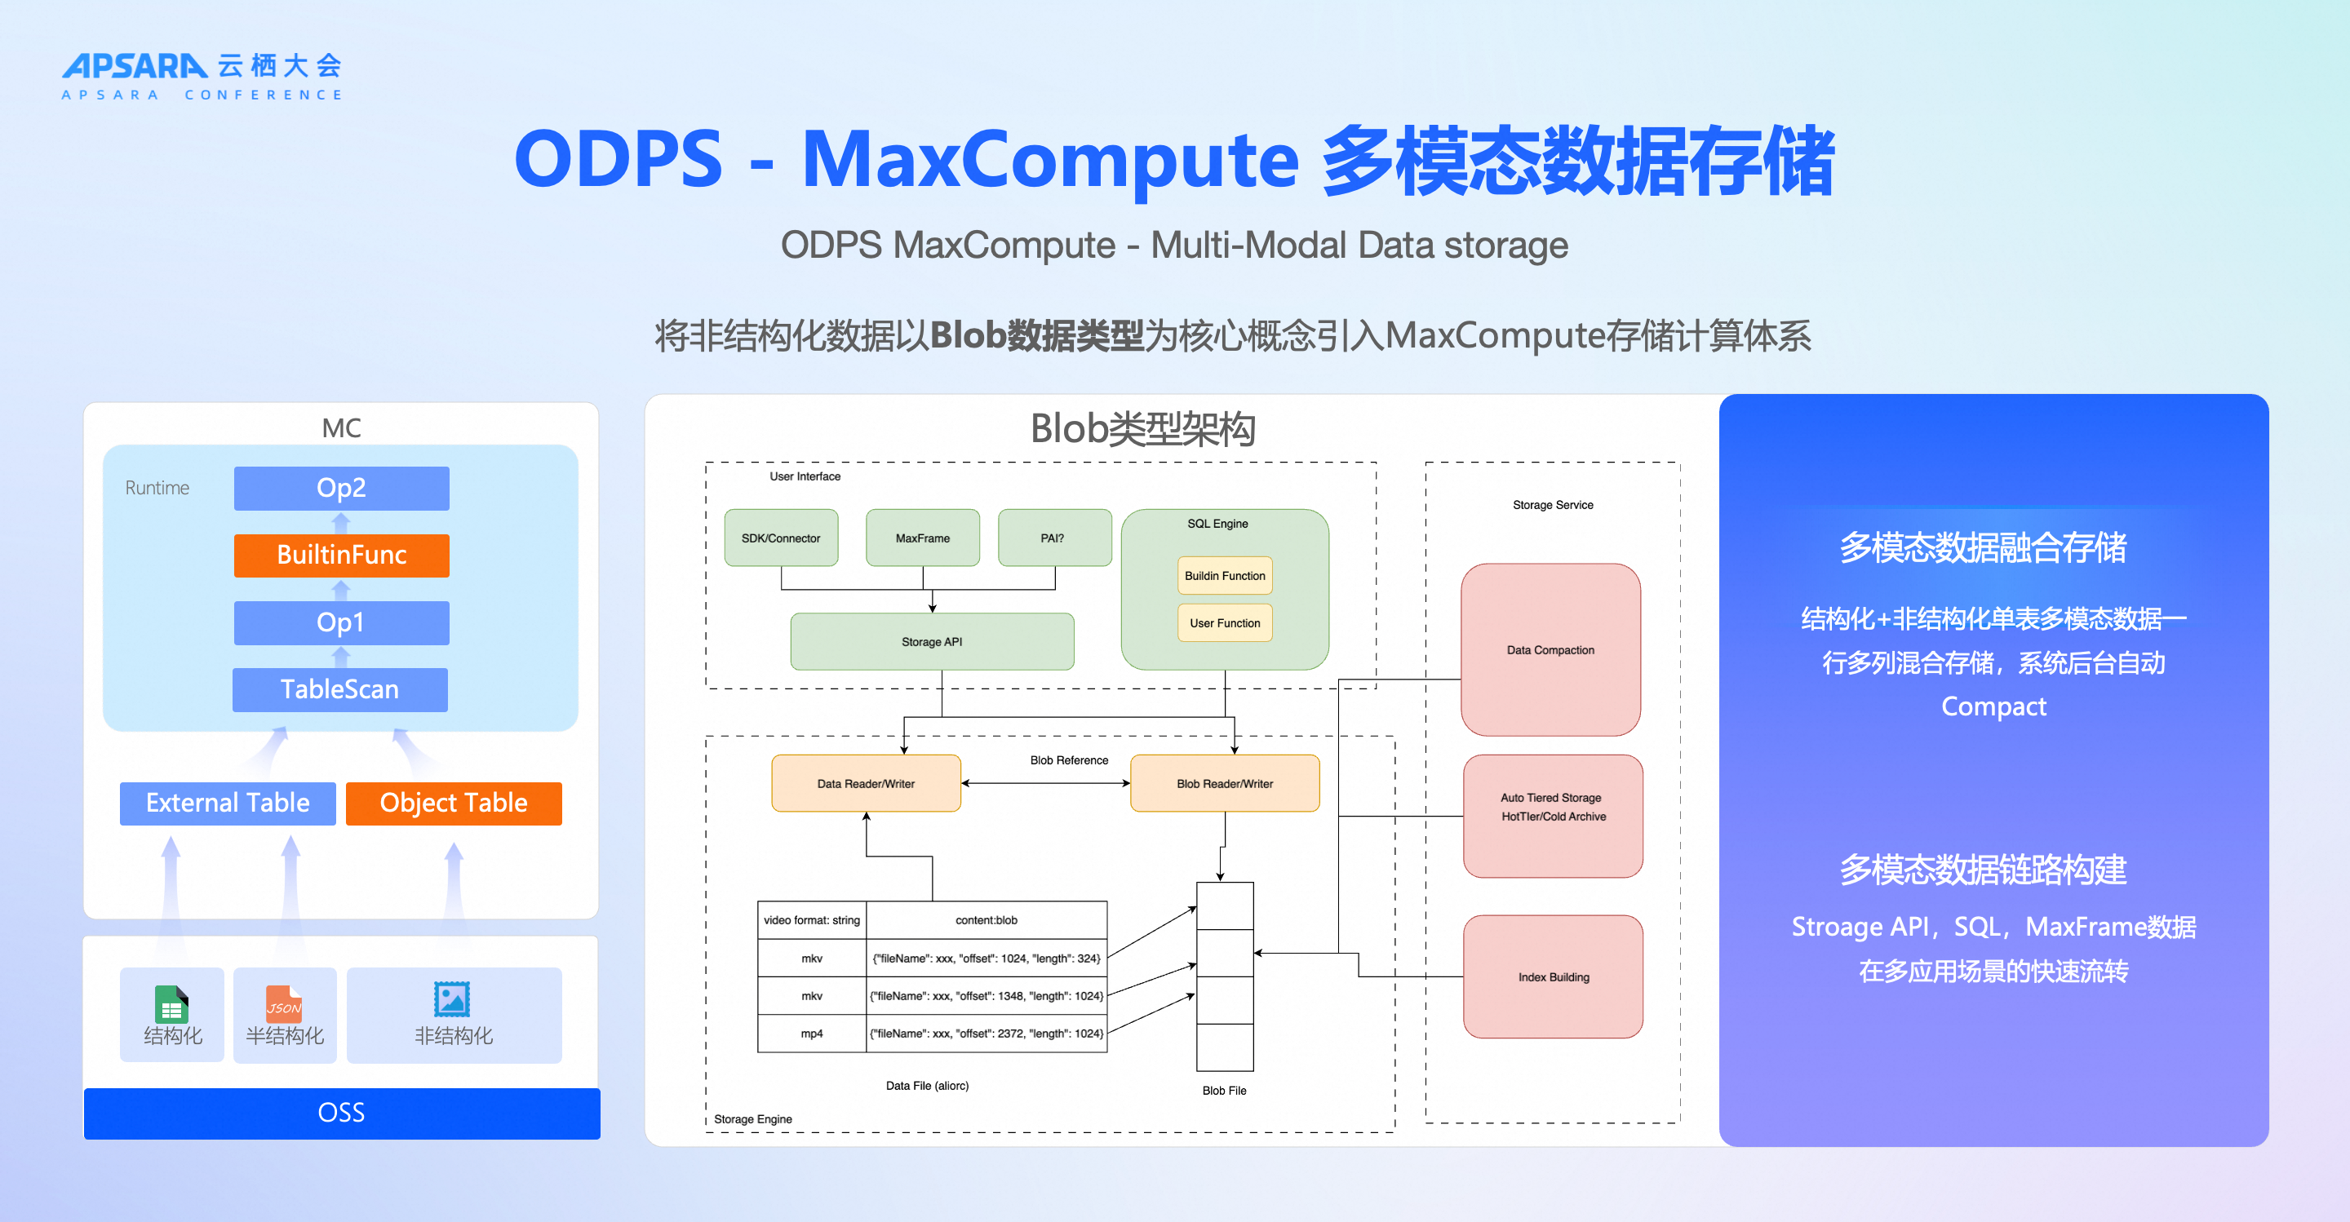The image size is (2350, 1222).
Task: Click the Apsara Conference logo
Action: (x=202, y=76)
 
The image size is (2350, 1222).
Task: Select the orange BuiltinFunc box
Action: (x=341, y=556)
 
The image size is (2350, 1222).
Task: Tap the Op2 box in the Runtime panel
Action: (x=341, y=488)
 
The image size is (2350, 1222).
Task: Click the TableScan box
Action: (x=339, y=689)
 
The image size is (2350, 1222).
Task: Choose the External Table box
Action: (x=227, y=804)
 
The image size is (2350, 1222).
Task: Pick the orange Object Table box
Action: (x=454, y=804)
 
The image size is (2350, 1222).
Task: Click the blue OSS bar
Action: (x=341, y=1113)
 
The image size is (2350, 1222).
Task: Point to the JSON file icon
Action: (x=284, y=1003)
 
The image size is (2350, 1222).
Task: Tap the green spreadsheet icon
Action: (x=171, y=1003)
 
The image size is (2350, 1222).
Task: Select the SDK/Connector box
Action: (x=781, y=538)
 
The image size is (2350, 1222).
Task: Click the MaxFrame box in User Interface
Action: (x=922, y=538)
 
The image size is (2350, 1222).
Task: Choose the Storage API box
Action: (x=931, y=642)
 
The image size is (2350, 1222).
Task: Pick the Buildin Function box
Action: (x=1224, y=575)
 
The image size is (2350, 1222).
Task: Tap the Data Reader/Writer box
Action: (x=866, y=783)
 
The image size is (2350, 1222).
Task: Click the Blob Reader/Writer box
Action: (x=1224, y=783)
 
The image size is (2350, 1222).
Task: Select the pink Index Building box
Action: (x=1553, y=976)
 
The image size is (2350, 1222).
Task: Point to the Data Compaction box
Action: (x=1550, y=649)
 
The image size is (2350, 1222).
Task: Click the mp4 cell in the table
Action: (x=812, y=1034)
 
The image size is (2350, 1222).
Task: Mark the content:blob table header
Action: (x=987, y=920)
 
